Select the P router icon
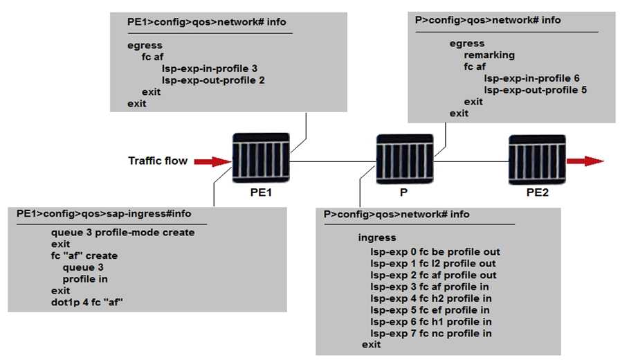[404, 159]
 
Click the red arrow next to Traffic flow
[212, 161]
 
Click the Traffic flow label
[158, 161]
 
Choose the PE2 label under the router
[538, 193]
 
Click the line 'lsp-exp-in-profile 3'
[209, 69]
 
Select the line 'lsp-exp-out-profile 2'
[213, 80]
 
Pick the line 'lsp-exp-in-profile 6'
[531, 79]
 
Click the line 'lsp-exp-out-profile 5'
[536, 90]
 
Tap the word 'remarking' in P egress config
[489, 55]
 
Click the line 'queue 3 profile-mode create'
[122, 233]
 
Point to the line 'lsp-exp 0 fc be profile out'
[435, 252]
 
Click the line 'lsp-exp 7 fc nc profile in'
[431, 334]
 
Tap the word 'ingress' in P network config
[377, 237]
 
